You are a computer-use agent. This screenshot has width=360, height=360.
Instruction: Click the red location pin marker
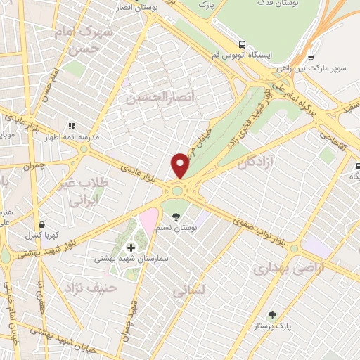(180, 165)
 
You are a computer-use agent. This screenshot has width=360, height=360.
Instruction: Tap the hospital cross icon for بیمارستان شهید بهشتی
(131, 247)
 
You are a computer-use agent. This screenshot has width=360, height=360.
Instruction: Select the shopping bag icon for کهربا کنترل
(42, 224)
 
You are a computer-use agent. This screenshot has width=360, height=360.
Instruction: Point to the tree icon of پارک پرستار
(272, 315)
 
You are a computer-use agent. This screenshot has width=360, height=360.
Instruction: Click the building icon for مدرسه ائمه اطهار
(71, 126)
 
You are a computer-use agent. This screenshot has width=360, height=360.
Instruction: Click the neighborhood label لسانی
(188, 289)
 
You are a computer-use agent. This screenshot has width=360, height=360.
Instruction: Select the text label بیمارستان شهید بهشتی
(133, 259)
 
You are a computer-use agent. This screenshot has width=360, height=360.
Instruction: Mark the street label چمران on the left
(32, 167)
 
